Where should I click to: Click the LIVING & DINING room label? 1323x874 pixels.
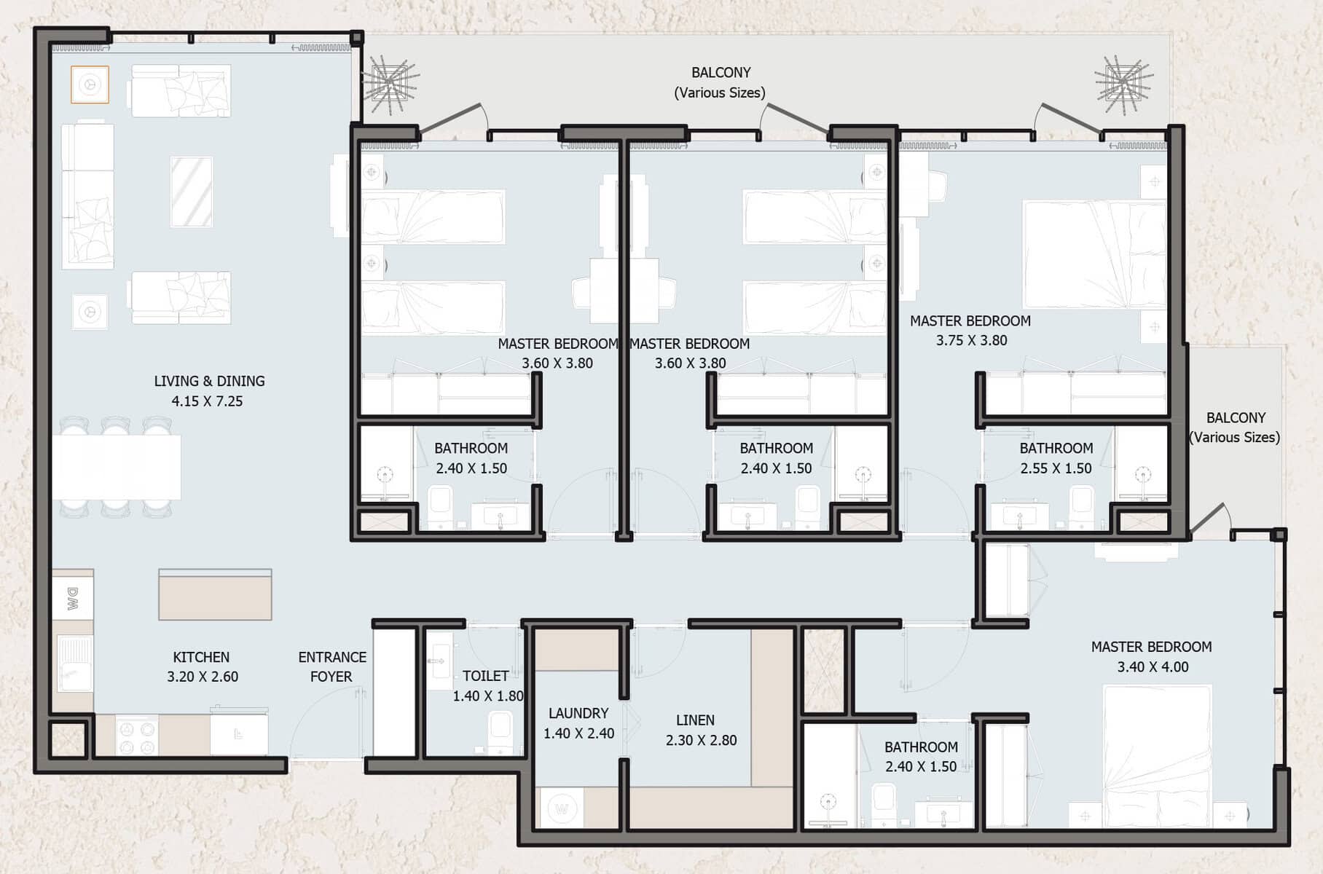click(209, 381)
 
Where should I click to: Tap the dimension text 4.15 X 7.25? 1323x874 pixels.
click(207, 401)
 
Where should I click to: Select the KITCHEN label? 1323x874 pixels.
click(201, 657)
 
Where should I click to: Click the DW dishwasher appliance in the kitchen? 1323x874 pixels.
click(73, 599)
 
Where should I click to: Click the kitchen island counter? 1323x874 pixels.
click(215, 594)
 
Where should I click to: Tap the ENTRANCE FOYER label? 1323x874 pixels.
click(332, 666)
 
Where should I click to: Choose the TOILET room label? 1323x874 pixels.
click(485, 676)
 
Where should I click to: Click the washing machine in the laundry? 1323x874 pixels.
click(562, 808)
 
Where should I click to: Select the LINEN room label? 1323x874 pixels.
click(695, 720)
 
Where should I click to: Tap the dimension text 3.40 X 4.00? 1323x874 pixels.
click(1153, 667)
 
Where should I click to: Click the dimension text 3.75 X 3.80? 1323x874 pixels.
click(971, 340)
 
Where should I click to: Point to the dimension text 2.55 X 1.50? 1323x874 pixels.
click(1056, 468)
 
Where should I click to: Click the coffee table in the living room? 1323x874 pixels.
click(192, 192)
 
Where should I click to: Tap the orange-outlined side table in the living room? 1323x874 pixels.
click(90, 84)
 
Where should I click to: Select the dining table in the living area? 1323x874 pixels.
click(117, 467)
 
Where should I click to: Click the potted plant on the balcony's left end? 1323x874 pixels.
click(392, 85)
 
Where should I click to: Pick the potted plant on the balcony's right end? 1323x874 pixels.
click(1123, 84)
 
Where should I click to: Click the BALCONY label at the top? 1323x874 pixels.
click(721, 73)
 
